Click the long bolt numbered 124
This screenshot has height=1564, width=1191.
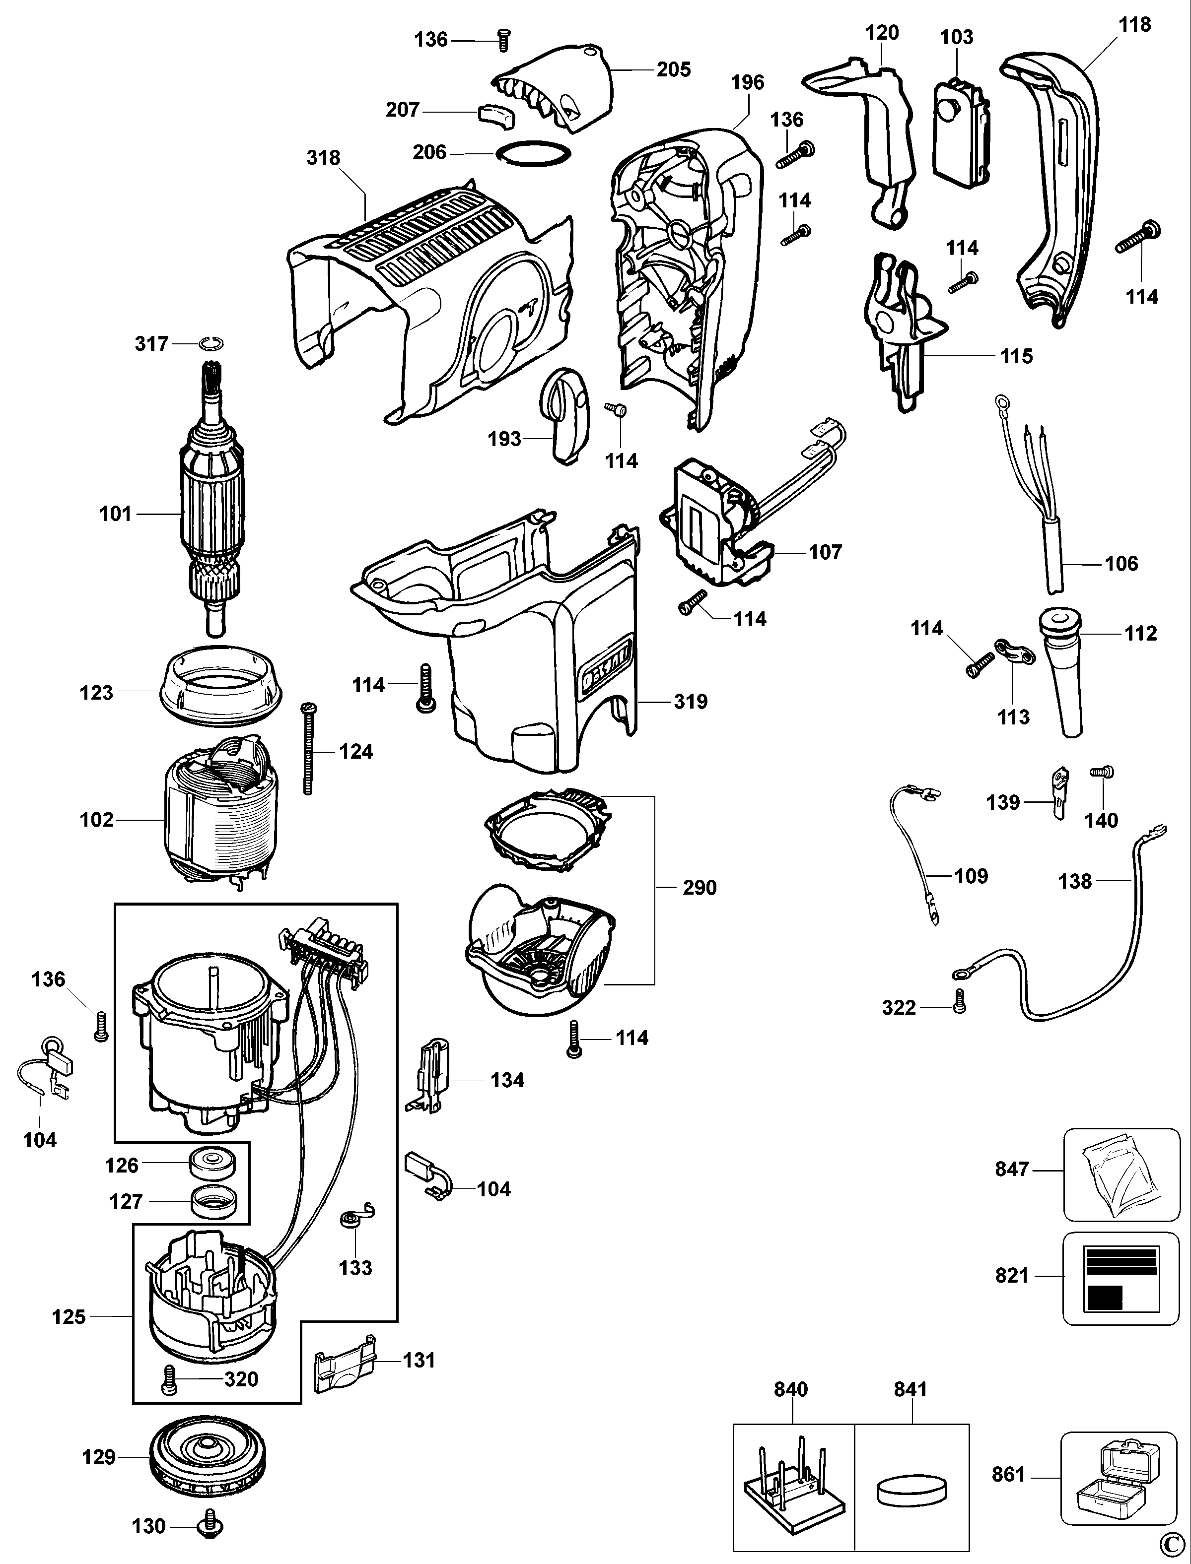point(308,749)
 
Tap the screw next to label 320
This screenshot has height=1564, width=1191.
point(169,1379)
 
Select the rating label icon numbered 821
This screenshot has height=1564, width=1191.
point(1121,1278)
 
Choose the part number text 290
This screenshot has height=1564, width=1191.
point(700,887)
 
